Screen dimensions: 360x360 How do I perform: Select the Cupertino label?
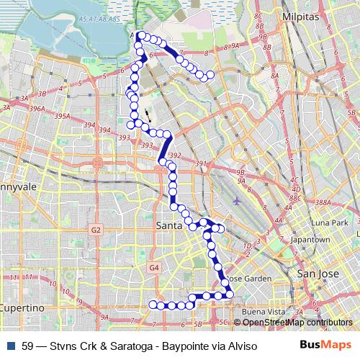22,307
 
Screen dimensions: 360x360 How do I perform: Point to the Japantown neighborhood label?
310,239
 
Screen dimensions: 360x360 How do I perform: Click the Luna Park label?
330,223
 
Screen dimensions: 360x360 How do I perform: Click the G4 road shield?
153,268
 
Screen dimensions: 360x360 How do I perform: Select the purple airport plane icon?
239,201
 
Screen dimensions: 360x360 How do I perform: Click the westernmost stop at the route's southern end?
153,305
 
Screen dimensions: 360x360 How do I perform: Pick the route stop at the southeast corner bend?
229,292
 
